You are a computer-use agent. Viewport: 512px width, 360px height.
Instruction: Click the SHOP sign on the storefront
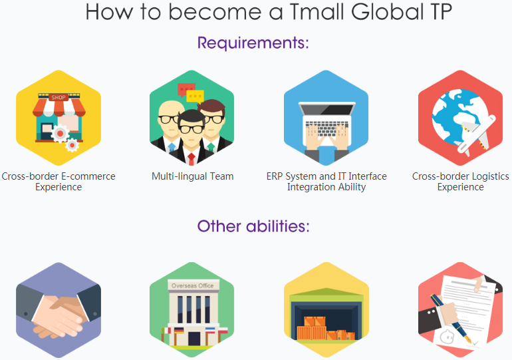[x=59, y=97]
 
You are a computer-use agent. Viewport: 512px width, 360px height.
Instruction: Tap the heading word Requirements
[x=253, y=43]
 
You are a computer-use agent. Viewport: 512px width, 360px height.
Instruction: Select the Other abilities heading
[x=253, y=226]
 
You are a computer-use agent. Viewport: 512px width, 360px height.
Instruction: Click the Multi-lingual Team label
[x=192, y=176]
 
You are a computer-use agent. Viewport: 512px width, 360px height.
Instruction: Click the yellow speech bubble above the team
[x=195, y=97]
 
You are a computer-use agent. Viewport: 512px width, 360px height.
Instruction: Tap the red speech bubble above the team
[x=186, y=90]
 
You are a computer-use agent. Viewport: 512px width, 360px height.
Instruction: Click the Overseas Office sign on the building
[x=193, y=285]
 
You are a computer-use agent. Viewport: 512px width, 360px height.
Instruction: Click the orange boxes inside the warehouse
[x=326, y=329]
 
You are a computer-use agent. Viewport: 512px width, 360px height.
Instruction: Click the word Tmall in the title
[x=317, y=12]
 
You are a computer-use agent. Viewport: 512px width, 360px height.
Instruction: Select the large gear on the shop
[x=60, y=133]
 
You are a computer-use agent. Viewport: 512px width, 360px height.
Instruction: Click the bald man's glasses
[x=168, y=119]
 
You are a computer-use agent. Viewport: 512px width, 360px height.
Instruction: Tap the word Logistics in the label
[x=490, y=177]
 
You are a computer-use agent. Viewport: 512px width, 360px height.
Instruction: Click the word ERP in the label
[x=275, y=176]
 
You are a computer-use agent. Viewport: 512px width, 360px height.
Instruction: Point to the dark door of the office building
[x=194, y=339]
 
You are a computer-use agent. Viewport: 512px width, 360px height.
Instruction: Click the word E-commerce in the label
[x=88, y=176]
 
